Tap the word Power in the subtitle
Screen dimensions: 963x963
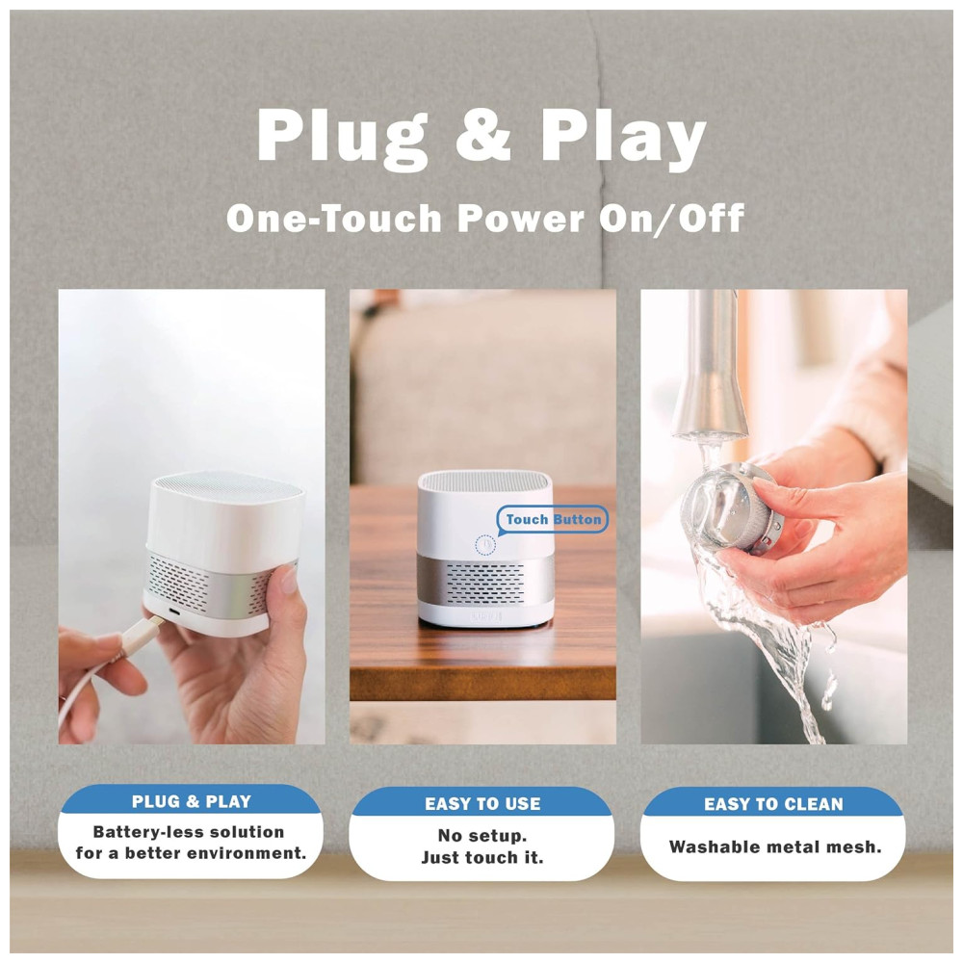tap(521, 218)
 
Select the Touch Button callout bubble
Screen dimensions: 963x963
tap(552, 520)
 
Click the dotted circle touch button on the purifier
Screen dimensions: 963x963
tap(485, 545)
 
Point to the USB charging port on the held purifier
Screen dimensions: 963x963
tap(173, 612)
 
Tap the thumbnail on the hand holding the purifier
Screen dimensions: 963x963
tap(288, 581)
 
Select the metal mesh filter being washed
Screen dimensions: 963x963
tap(732, 508)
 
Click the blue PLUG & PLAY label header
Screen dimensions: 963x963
tap(191, 799)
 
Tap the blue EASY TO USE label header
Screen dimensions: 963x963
tap(482, 802)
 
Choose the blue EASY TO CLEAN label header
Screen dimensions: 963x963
tap(773, 802)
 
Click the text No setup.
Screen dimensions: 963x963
tap(482, 835)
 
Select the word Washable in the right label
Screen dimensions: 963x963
tap(704, 846)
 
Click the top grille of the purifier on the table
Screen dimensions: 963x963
tap(484, 480)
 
